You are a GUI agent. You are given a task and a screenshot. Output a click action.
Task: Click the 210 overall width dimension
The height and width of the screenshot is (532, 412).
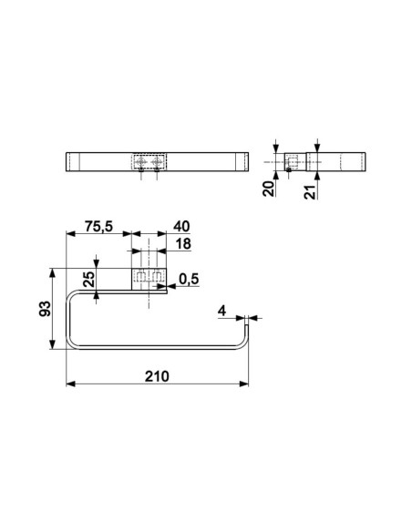[157, 376]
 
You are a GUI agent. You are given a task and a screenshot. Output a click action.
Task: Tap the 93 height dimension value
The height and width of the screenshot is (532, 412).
[45, 309]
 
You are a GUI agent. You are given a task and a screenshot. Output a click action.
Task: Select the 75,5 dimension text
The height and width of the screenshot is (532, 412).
[98, 226]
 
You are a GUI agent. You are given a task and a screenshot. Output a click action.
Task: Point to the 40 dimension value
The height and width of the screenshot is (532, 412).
[181, 226]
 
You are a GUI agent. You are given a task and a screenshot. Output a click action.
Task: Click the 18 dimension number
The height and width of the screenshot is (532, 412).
[183, 243]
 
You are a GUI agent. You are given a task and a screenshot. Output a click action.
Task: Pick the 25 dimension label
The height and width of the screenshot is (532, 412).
[89, 280]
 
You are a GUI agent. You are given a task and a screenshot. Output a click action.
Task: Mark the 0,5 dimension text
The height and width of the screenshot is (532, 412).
[189, 279]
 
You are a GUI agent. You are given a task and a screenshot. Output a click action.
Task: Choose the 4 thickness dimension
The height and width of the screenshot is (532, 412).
[221, 311]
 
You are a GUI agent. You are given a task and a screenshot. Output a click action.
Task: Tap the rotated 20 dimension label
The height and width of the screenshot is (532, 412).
[269, 189]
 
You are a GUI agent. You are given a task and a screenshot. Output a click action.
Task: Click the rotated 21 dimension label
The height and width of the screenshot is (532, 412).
[310, 191]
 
